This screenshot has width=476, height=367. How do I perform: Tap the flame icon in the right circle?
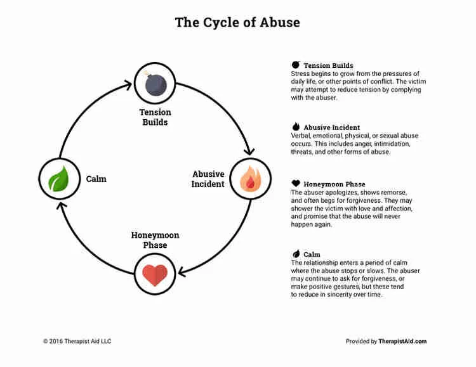pyautogui.click(x=249, y=178)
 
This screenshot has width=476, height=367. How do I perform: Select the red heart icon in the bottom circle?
pyautogui.click(x=155, y=274)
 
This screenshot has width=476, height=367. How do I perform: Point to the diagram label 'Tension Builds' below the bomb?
pyautogui.click(x=155, y=117)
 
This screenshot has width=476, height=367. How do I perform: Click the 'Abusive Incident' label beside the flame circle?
pyautogui.click(x=208, y=179)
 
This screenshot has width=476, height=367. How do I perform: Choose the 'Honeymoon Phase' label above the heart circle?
pyautogui.click(x=155, y=240)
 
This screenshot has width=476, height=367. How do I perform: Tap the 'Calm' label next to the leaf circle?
pyautogui.click(x=96, y=179)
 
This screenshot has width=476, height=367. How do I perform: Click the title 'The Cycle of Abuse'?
pyautogui.click(x=237, y=23)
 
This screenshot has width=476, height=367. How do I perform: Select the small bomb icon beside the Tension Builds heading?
pyautogui.click(x=295, y=65)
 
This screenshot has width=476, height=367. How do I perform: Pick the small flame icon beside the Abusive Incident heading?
pyautogui.click(x=295, y=127)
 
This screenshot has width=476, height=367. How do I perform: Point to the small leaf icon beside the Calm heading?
pyautogui.click(x=295, y=254)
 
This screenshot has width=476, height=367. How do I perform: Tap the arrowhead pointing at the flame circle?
pyautogui.click(x=249, y=151)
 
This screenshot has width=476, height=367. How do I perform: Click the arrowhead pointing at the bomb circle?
pyautogui.click(x=129, y=82)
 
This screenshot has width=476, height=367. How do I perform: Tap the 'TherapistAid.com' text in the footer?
pyautogui.click(x=402, y=341)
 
